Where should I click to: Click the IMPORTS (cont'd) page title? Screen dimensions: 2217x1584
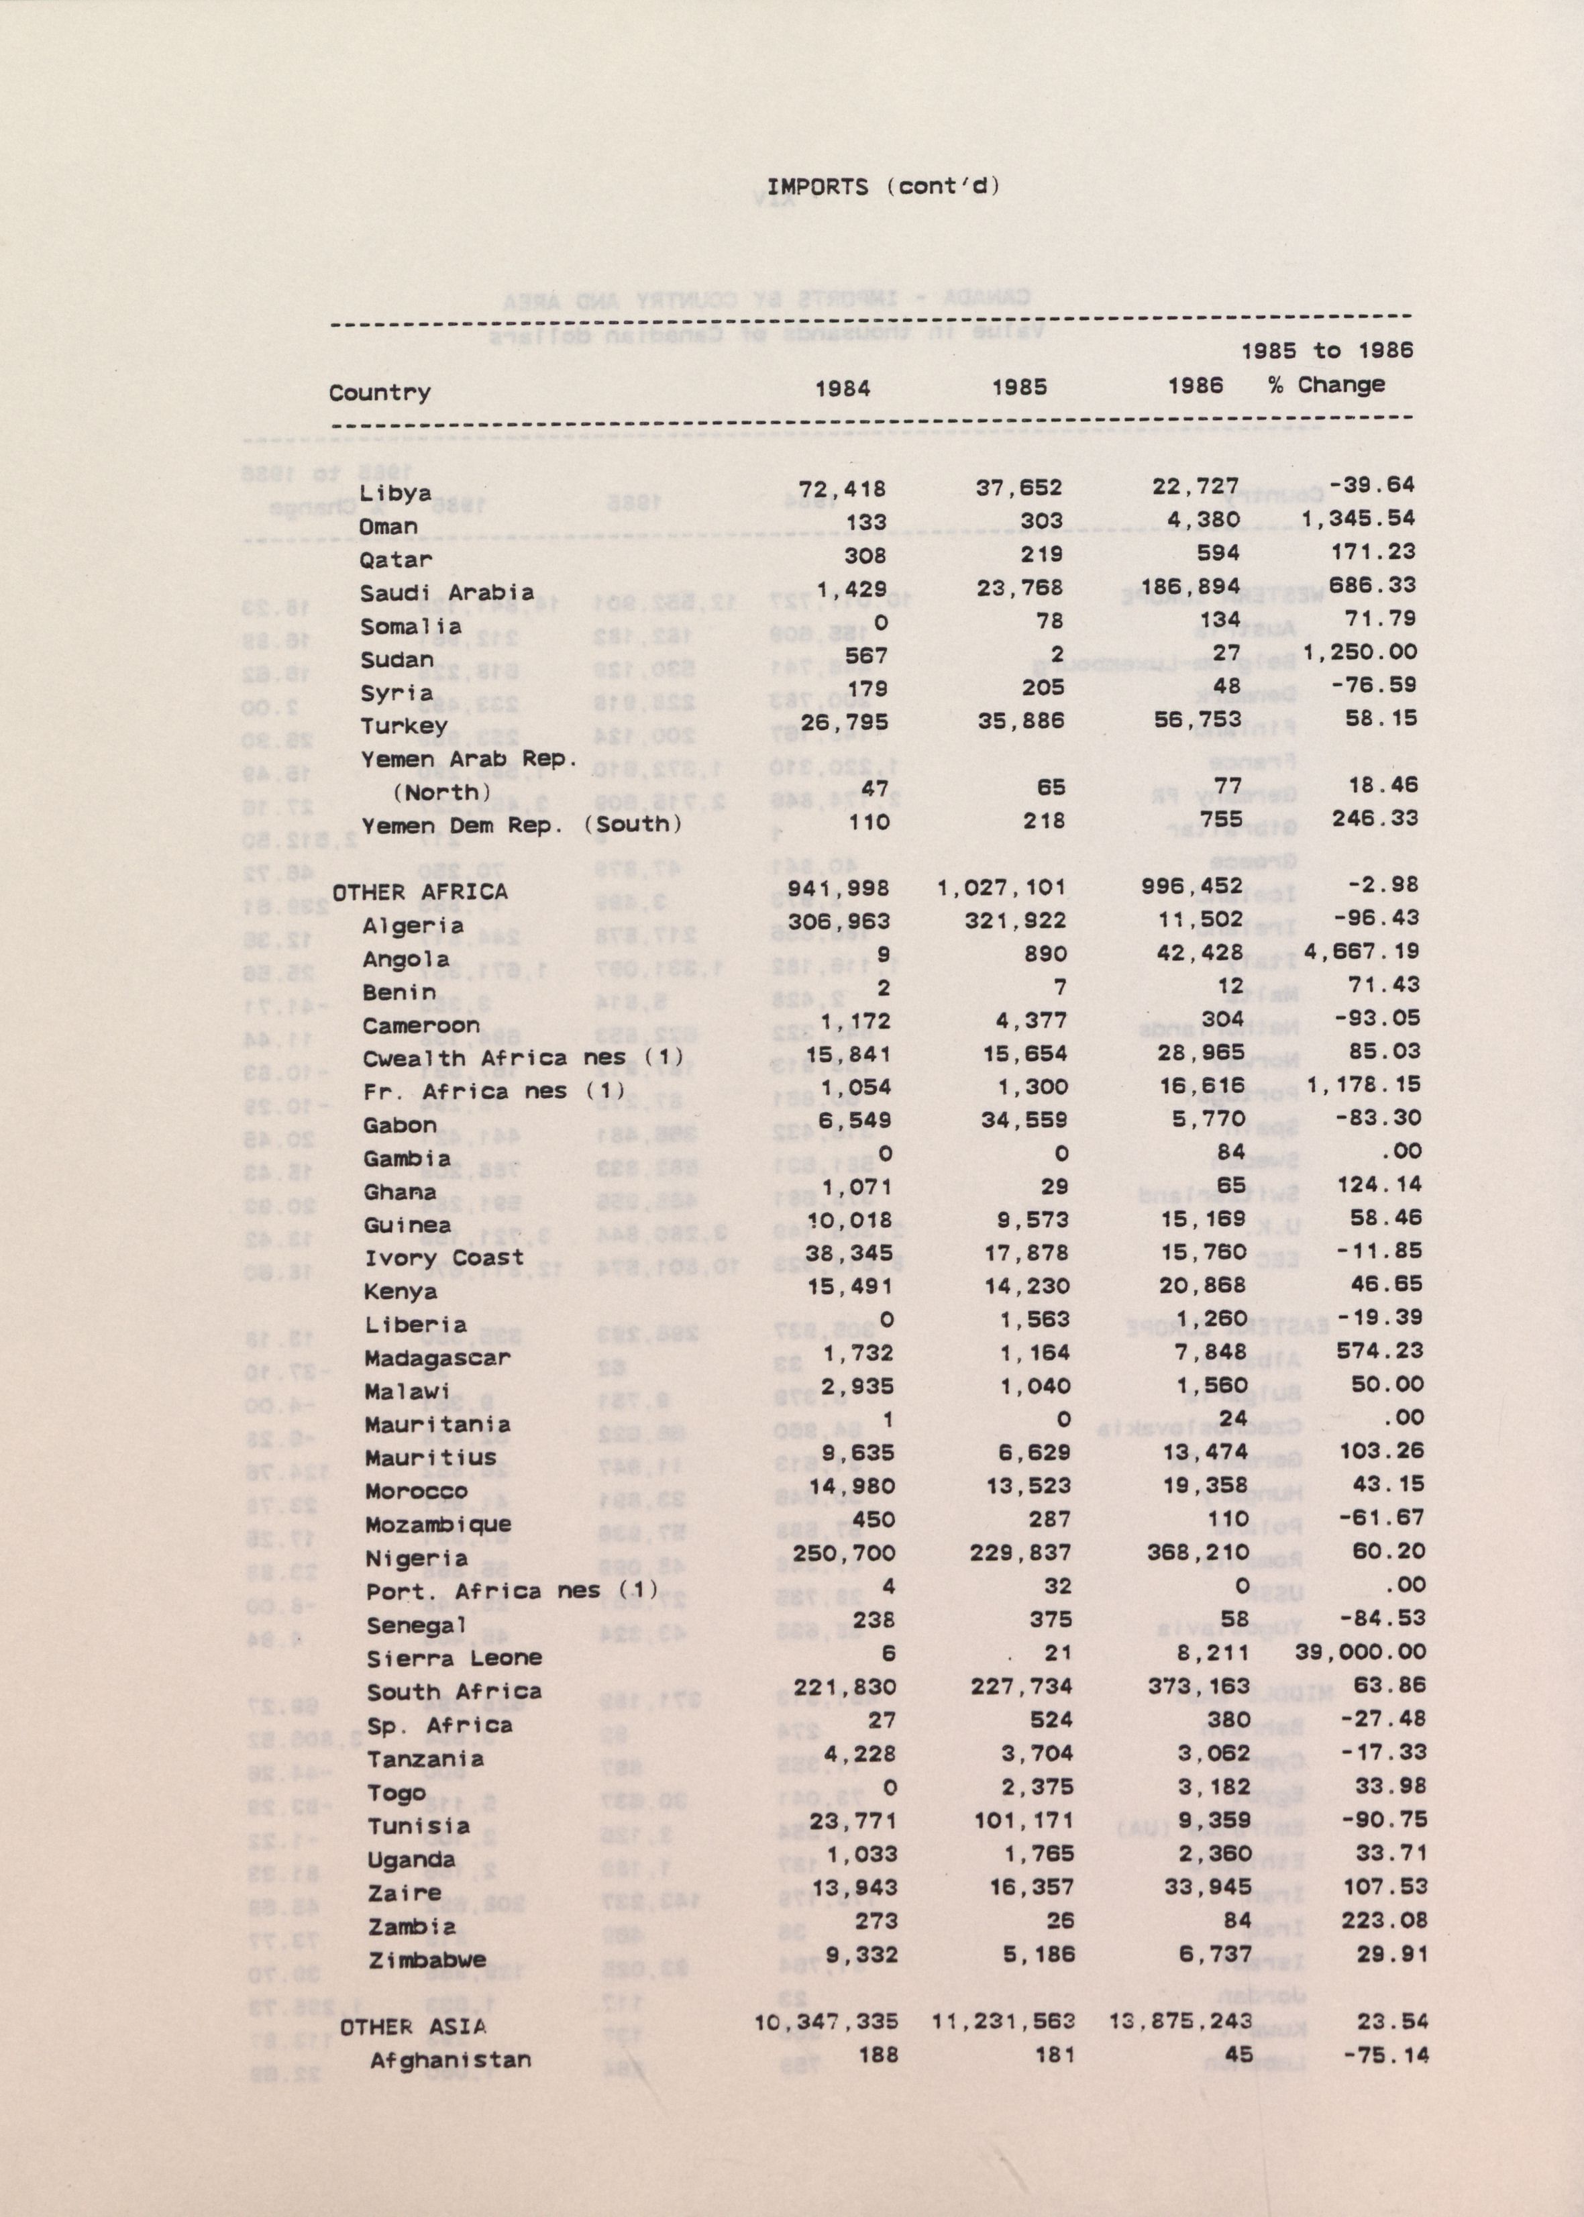coord(884,187)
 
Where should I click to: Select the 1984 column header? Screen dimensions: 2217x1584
coord(842,389)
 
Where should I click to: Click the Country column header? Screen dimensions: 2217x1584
coord(380,393)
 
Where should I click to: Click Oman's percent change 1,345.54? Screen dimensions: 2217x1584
coord(1358,519)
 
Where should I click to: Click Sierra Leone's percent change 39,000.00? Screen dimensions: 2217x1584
coord(1360,1652)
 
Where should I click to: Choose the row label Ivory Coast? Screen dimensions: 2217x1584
coord(443,1258)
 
